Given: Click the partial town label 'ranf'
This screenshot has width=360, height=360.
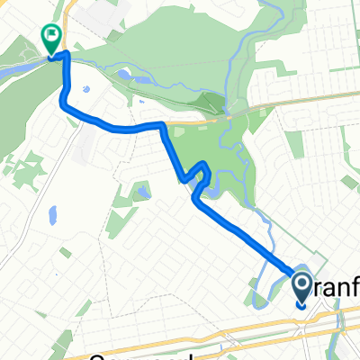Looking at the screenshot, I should pos(337,285).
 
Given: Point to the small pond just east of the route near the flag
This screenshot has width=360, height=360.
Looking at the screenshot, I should pos(85,90).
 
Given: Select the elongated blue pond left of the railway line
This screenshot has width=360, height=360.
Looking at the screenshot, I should pos(52,215).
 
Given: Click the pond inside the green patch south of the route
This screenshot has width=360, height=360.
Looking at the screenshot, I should pos(142,192).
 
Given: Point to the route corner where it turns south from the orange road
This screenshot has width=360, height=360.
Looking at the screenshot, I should pos(163,125).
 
